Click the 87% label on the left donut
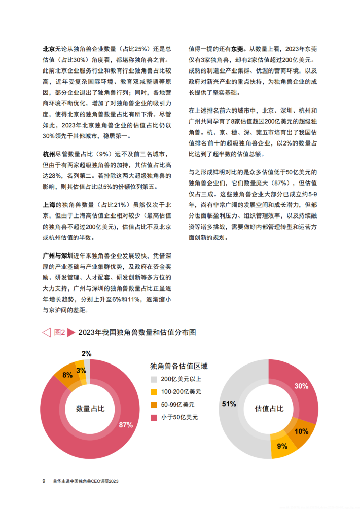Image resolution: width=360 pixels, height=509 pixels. pyautogui.click(x=126, y=425)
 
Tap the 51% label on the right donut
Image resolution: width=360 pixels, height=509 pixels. pyautogui.click(x=229, y=404)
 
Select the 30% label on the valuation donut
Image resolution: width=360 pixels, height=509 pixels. pyautogui.click(x=301, y=386)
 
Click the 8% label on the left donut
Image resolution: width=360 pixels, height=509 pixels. pyautogui.click(x=67, y=375)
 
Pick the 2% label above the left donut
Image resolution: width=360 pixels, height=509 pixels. pyautogui.click(x=86, y=354)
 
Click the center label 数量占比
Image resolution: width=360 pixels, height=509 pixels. pyautogui.click(x=90, y=409)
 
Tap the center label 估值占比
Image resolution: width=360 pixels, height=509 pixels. pyautogui.click(x=268, y=409)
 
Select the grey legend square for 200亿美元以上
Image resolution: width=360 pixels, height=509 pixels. pyautogui.click(x=154, y=379)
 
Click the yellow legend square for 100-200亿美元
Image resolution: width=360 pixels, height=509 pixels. pyautogui.click(x=154, y=392)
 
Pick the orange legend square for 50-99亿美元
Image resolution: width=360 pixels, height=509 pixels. pyautogui.click(x=154, y=405)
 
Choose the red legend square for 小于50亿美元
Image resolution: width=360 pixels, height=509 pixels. pyautogui.click(x=154, y=417)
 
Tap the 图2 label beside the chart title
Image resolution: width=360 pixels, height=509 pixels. pyautogui.click(x=60, y=332)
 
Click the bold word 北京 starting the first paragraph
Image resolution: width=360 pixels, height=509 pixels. pyautogui.click(x=49, y=49)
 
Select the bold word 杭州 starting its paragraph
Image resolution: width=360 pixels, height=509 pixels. pyautogui.click(x=49, y=154)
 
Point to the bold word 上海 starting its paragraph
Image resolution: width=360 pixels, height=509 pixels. pyautogui.click(x=49, y=205)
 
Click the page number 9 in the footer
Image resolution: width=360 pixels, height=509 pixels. pyautogui.click(x=44, y=481)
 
